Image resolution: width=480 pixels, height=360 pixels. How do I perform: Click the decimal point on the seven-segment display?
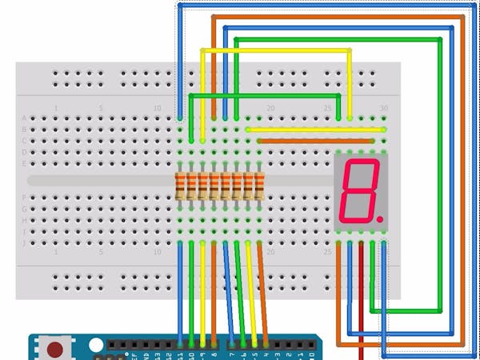[381, 218]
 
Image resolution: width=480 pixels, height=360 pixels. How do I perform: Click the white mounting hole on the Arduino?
[96, 346]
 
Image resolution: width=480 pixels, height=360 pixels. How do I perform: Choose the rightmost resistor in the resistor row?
[259, 186]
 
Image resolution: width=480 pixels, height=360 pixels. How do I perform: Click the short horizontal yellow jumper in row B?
[316, 129]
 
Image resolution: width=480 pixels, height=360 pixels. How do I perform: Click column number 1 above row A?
[56, 108]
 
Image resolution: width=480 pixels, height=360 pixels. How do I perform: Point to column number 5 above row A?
[101, 108]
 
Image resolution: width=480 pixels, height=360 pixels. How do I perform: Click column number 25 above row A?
[328, 108]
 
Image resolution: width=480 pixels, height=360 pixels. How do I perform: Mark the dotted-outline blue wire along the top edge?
[320, 6]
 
